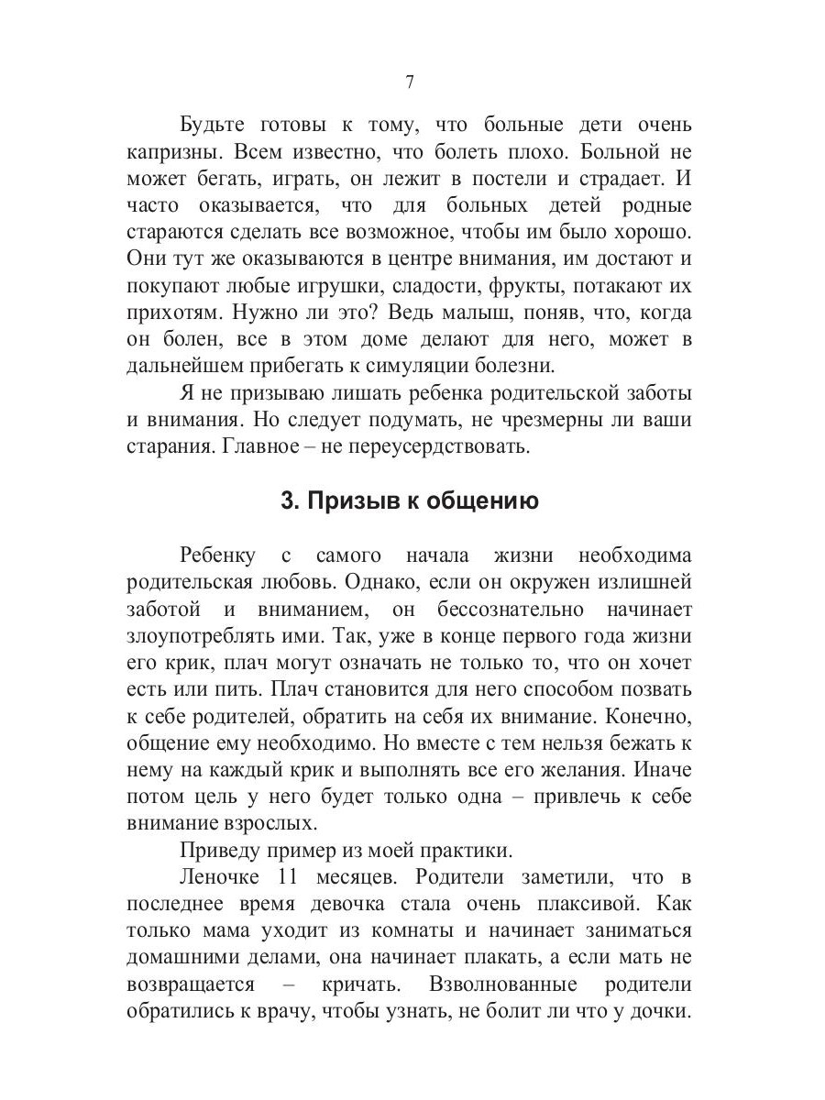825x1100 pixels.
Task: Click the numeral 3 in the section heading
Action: tap(286, 501)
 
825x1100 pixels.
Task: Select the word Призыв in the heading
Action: tap(348, 501)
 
